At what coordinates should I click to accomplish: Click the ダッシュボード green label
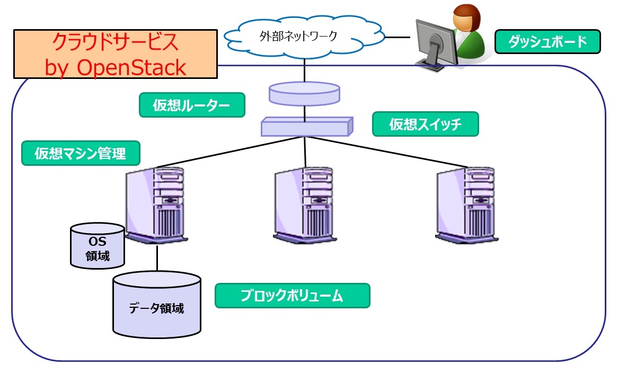click(x=548, y=42)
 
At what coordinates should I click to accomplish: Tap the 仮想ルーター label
click(x=191, y=105)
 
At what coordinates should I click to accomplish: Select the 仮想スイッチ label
click(x=426, y=124)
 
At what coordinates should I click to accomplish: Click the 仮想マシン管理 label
click(x=81, y=154)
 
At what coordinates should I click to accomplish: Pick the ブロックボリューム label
click(x=292, y=296)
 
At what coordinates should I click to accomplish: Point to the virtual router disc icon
click(x=304, y=94)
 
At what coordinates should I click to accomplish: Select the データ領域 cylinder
click(x=157, y=307)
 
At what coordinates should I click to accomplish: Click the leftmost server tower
click(x=155, y=204)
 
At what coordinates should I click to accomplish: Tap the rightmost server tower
click(x=465, y=204)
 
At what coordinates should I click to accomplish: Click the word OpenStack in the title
click(x=131, y=67)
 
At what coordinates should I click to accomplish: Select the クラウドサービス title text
click(x=115, y=42)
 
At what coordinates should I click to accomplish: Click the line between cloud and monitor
click(x=399, y=37)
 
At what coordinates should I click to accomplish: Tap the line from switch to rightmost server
click(x=382, y=155)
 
